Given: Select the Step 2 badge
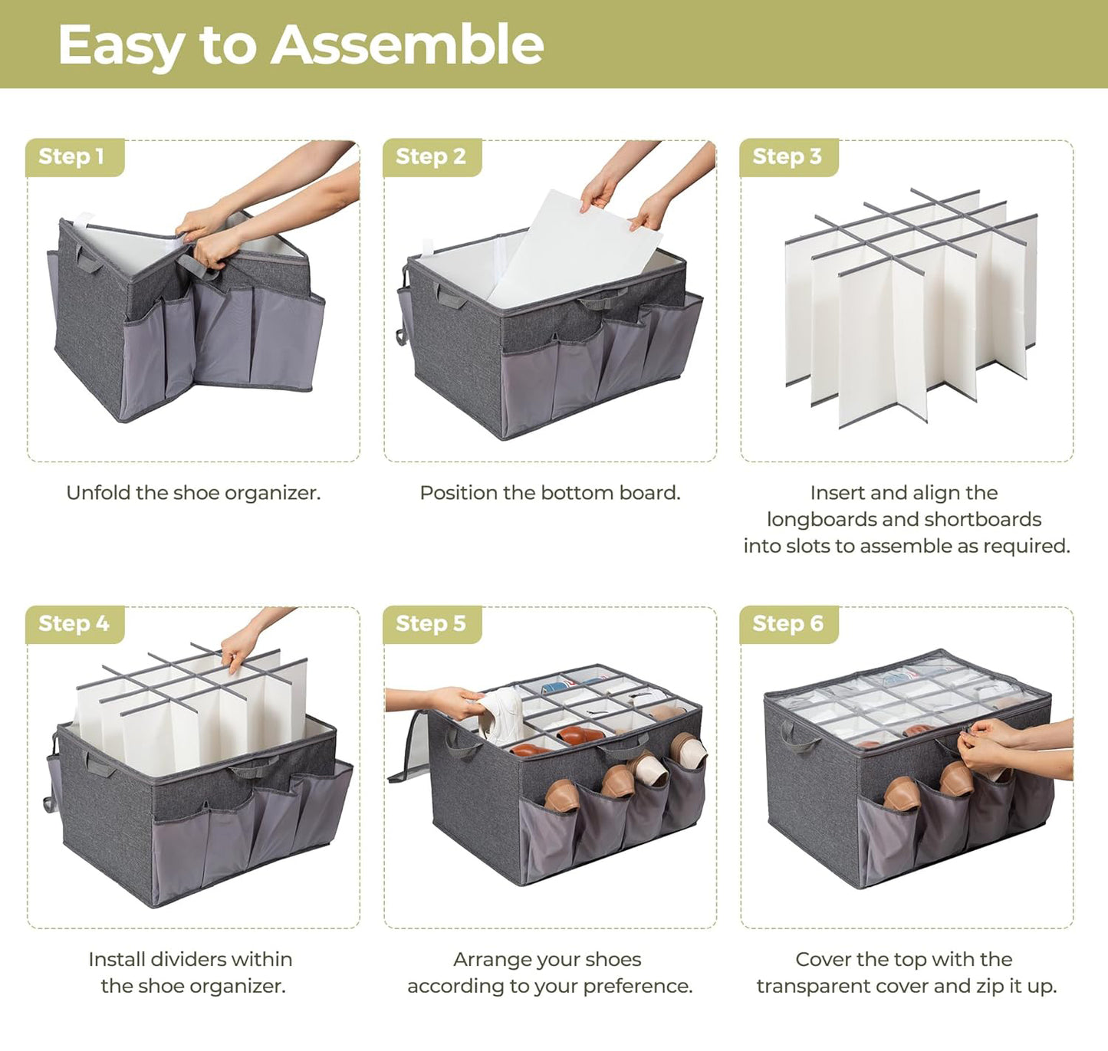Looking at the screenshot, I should click(x=430, y=156).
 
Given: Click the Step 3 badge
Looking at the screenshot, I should click(x=787, y=156).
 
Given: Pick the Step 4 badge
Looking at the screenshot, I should click(x=74, y=624).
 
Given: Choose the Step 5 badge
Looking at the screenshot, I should click(x=430, y=624).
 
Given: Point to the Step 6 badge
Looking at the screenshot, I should click(x=787, y=624).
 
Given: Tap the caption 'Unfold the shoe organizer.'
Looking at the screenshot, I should click(x=193, y=493).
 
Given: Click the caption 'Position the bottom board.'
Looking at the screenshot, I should click(x=550, y=493).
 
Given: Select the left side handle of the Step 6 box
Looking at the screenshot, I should click(x=797, y=737).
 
